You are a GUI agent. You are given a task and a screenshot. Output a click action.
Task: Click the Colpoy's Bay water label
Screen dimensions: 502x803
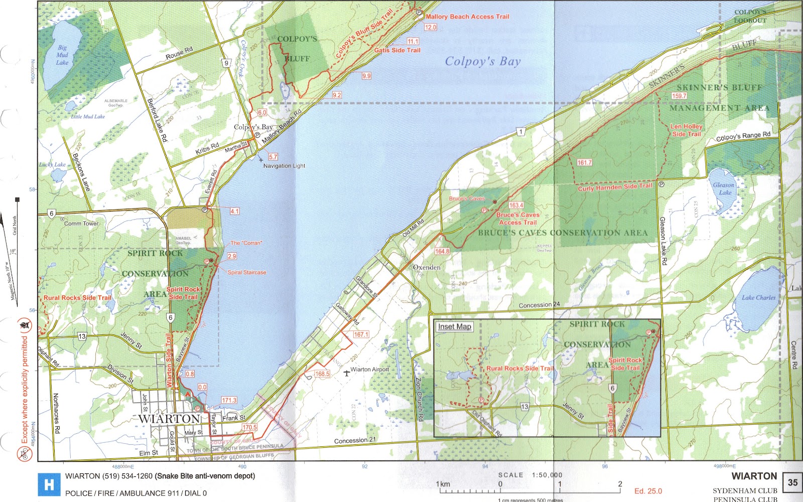[482, 62]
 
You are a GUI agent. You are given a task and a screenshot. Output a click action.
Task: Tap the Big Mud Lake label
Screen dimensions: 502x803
[62, 55]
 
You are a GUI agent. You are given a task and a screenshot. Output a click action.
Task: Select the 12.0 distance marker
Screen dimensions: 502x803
[431, 28]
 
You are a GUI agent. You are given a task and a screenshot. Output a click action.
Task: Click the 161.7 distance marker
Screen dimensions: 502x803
[584, 162]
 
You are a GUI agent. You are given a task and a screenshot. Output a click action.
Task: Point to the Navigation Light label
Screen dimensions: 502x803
[284, 166]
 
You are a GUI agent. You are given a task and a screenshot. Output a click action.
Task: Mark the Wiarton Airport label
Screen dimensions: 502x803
[369, 370]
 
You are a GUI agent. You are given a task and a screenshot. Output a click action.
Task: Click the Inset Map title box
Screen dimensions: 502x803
[454, 327]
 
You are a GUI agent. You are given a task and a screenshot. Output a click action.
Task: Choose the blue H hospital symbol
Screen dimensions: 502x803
[49, 484]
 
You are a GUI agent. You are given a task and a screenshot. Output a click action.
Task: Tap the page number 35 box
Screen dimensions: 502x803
[792, 482]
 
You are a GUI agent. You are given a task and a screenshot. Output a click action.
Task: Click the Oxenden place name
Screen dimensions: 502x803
[427, 268]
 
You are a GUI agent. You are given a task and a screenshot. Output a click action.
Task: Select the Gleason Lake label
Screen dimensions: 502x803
[724, 189]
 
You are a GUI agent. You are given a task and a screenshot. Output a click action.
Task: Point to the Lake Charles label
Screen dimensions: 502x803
[758, 298]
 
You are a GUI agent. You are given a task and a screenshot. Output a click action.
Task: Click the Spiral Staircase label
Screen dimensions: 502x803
[247, 273]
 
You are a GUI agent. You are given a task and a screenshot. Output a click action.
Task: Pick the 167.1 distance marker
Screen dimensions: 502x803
[361, 334]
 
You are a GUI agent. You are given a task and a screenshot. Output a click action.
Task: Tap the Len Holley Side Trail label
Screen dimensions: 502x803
[687, 130]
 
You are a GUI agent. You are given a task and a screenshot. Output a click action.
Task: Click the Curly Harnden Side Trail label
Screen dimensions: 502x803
[615, 187]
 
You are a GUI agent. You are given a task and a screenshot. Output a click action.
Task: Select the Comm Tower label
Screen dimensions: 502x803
[81, 224]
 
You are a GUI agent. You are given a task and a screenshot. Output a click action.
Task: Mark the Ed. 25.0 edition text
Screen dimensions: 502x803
[648, 491]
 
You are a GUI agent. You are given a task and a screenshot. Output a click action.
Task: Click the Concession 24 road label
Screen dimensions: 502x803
[539, 305]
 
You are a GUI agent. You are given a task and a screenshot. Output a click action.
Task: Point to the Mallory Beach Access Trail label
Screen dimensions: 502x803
[467, 17]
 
